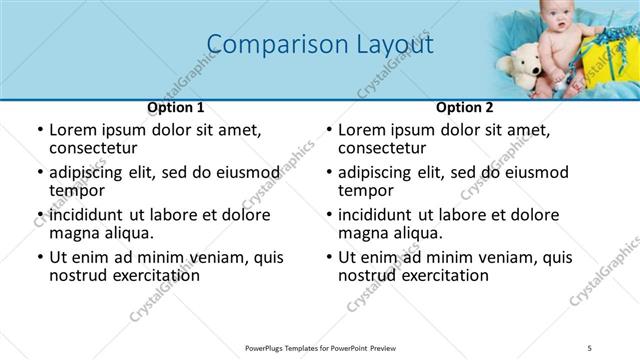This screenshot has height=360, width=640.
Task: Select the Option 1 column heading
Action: pyautogui.click(x=176, y=108)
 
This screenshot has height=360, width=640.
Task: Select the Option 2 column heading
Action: pyautogui.click(x=464, y=108)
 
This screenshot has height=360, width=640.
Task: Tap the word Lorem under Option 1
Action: pyautogui.click(x=71, y=130)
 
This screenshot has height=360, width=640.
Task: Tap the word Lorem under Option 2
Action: pyautogui.click(x=360, y=130)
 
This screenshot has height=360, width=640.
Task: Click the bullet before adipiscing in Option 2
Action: pyautogui.click(x=328, y=173)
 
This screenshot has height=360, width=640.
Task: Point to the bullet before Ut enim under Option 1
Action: pyautogui.click(x=39, y=258)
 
